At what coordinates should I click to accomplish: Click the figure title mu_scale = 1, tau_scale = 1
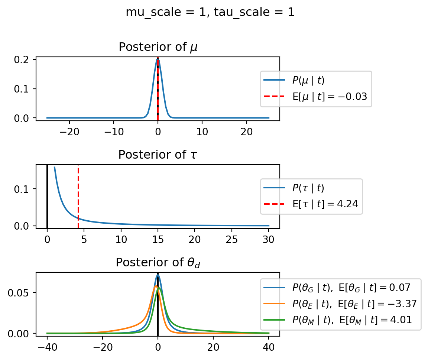coord(210,12)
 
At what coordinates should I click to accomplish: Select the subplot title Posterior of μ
coord(158,47)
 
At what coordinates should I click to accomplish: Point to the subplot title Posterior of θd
coord(158,263)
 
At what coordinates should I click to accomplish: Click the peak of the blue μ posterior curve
coord(158,60)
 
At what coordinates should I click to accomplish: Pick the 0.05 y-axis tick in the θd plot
coord(24,292)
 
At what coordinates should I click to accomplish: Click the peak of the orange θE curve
coord(156,286)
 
